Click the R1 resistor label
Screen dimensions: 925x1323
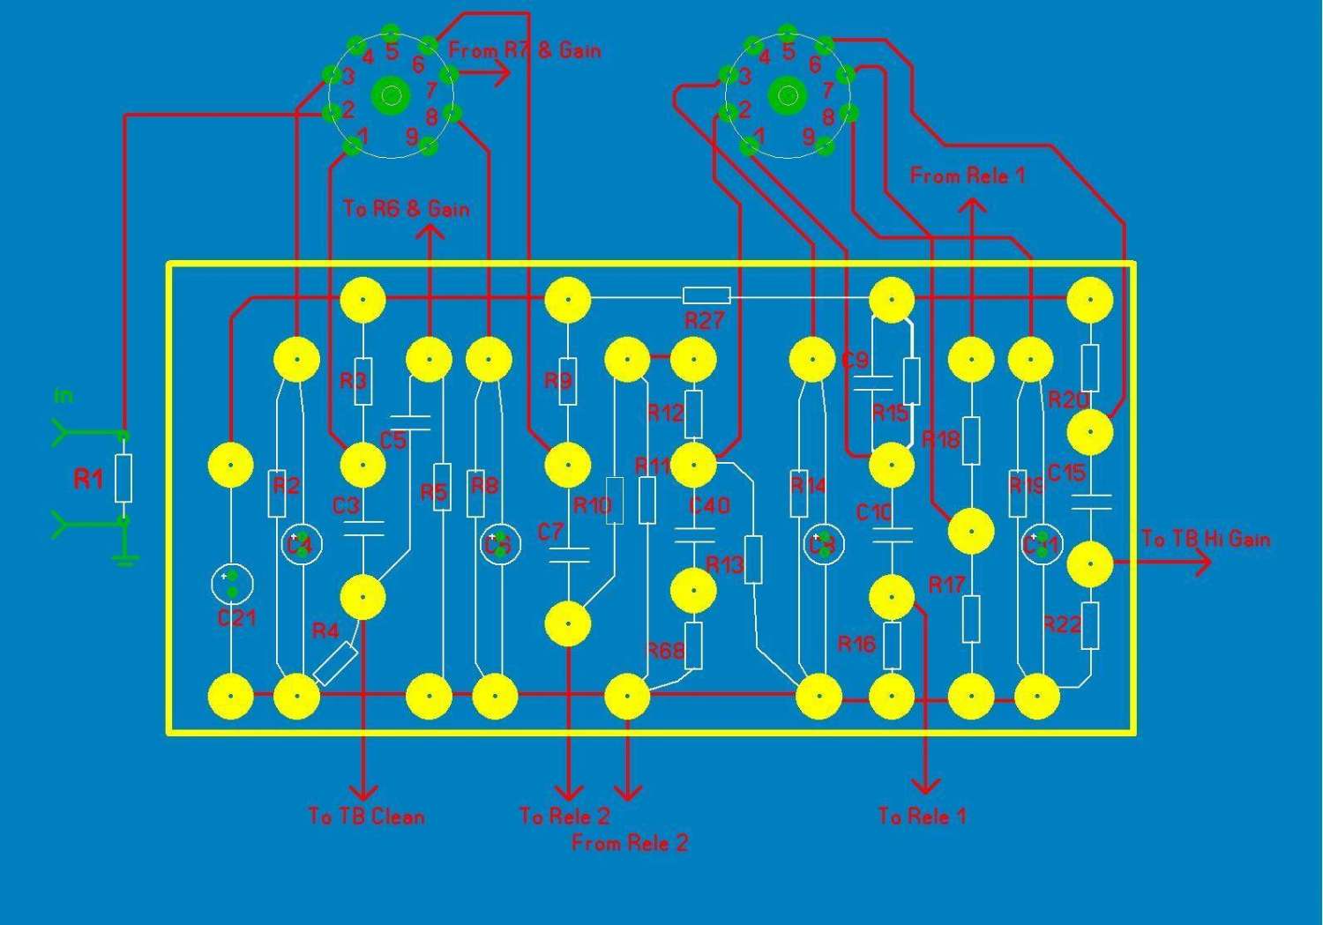[x=88, y=480]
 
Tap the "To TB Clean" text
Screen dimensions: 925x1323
[x=366, y=816]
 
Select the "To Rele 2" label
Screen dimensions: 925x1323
[x=564, y=816]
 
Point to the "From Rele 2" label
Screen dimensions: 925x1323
[x=629, y=843]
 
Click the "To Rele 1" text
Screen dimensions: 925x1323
[x=923, y=816]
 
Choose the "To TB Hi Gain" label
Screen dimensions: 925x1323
[x=1206, y=539]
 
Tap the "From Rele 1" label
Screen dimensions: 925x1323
[x=968, y=175]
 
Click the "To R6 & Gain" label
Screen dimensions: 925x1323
[x=406, y=209]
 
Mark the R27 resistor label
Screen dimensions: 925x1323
[x=704, y=320]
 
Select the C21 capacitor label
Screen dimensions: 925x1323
[x=236, y=618]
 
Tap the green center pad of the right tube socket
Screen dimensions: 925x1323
[x=787, y=94]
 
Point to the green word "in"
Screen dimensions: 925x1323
[x=63, y=396]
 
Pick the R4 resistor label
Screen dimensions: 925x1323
[x=325, y=630]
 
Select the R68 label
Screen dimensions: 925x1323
[x=666, y=651]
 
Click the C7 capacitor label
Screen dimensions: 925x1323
[x=550, y=532]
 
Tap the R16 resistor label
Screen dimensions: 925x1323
[x=856, y=643]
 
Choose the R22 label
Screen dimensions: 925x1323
[x=1062, y=624]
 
